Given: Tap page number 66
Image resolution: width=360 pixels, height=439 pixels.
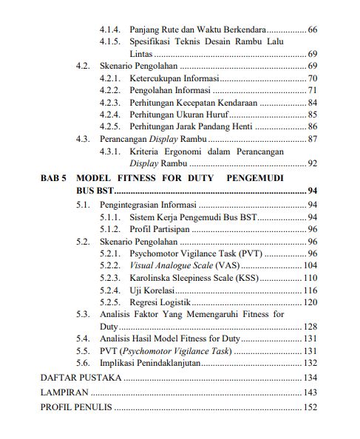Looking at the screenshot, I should [x=312, y=29].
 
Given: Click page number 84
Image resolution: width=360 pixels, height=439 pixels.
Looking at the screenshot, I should [x=312, y=102].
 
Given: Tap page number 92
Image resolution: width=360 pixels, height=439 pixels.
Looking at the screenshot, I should [x=312, y=163].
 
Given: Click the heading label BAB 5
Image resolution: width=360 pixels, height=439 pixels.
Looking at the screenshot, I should [x=54, y=179].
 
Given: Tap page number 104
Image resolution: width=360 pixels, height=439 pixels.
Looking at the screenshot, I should [x=310, y=265].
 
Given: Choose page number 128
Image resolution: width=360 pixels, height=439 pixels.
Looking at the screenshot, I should [x=310, y=325].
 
